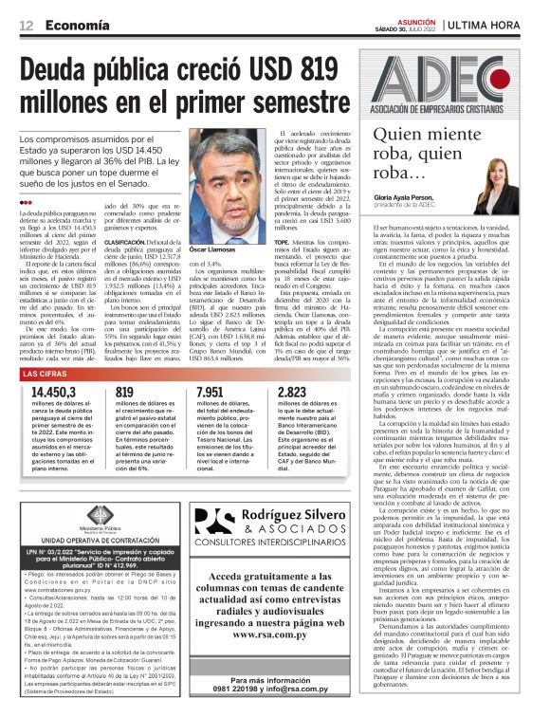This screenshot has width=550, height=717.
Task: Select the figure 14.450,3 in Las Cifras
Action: pyautogui.click(x=47, y=392)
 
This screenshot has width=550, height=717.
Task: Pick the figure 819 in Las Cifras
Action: pyautogui.click(x=125, y=392)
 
